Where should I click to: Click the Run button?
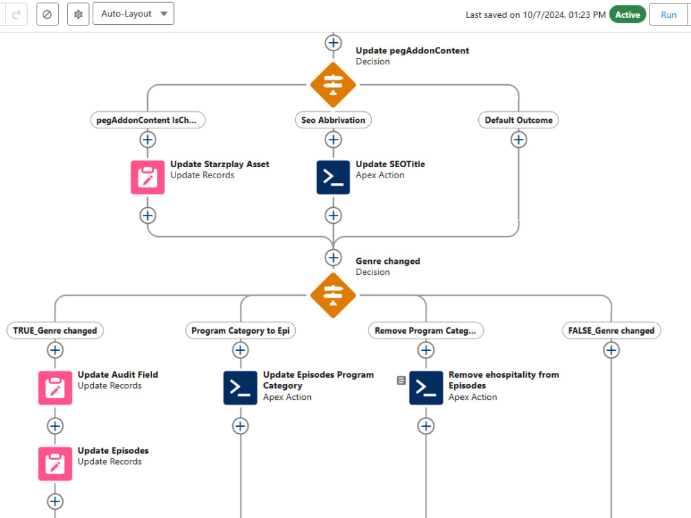click(x=668, y=15)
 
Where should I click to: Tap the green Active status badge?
click(x=627, y=15)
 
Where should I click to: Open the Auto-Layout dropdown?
click(x=133, y=14)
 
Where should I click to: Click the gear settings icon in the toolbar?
click(x=78, y=14)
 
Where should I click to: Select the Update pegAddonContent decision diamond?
click(x=333, y=84)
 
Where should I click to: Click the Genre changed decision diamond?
click(x=333, y=295)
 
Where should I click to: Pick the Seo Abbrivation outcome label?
click(x=333, y=119)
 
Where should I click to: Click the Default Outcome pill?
click(x=519, y=119)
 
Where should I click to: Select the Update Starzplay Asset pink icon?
click(x=148, y=177)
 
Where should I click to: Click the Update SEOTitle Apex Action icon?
click(x=333, y=177)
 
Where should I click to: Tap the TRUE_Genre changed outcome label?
click(x=55, y=330)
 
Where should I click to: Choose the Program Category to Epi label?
click(x=240, y=330)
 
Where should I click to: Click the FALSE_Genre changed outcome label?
click(x=612, y=330)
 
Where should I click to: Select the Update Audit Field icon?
click(x=55, y=387)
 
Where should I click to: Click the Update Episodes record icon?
click(x=55, y=463)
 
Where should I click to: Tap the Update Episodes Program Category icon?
click(x=240, y=387)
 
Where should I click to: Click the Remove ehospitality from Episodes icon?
click(x=426, y=387)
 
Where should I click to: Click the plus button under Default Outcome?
click(x=519, y=140)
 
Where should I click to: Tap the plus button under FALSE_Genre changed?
click(x=612, y=350)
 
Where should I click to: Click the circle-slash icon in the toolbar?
click(x=47, y=14)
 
